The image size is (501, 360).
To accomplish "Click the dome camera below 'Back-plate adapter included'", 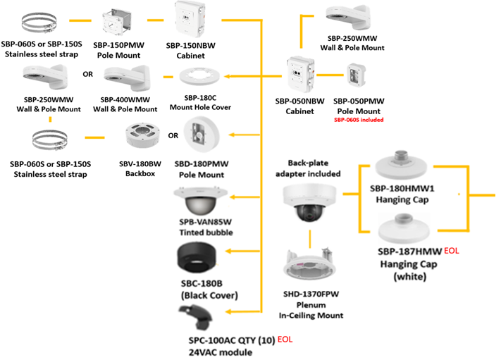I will pyautogui.click(x=308, y=204).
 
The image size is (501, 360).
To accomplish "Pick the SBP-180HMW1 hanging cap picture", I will pyautogui.click(x=402, y=169).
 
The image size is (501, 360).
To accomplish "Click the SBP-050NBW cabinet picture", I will pyautogui.click(x=299, y=75).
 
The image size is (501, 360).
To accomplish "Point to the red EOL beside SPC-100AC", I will pyautogui.click(x=285, y=340).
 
